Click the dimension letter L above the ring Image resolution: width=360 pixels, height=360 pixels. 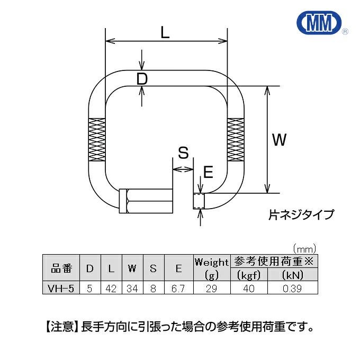165,33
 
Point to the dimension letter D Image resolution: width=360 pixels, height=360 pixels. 141,79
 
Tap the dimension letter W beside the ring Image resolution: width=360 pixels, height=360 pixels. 279,140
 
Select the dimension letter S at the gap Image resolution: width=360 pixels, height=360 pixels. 183,154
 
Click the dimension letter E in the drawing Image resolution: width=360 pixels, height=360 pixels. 208,172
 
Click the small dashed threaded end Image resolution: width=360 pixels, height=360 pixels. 199,201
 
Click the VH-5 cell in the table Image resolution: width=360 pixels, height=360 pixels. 61,289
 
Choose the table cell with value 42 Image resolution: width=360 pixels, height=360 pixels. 111,289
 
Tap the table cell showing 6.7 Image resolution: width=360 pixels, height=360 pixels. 179,289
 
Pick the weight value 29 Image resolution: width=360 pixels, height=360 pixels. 211,289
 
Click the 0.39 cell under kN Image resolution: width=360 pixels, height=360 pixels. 292,289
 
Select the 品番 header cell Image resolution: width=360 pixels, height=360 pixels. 61,268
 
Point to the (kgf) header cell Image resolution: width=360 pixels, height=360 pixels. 248,275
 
